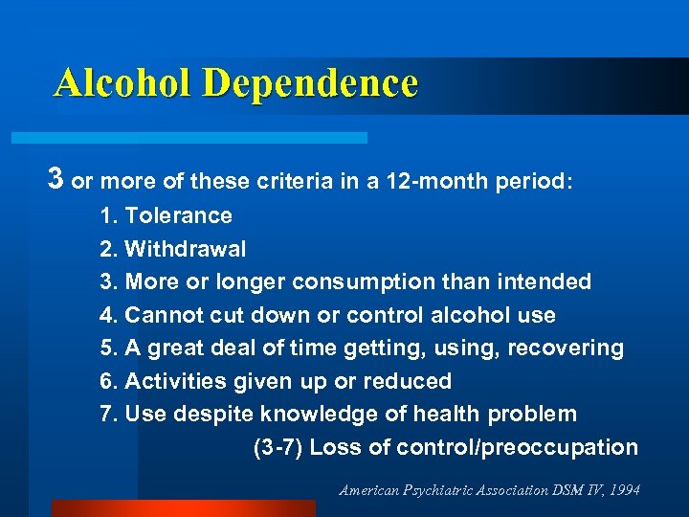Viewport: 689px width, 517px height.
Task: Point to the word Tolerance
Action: tap(179, 216)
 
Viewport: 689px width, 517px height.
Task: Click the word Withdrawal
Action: tap(186, 249)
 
